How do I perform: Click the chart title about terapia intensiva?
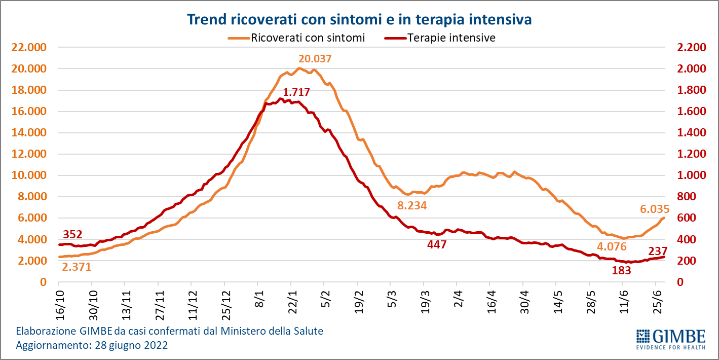(359, 20)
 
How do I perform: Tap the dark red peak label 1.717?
(296, 92)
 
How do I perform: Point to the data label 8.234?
(412, 205)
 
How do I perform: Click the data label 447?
(437, 245)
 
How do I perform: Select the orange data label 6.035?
(654, 209)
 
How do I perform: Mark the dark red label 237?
(657, 251)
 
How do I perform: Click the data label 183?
(621, 270)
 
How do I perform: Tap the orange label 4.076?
(612, 247)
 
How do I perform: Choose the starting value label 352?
(73, 234)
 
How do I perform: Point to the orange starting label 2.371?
(77, 267)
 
